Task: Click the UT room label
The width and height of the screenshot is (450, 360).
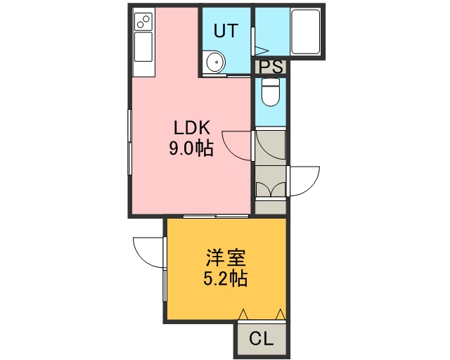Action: coord(226,30)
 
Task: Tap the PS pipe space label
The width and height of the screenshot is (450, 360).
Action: coord(271,67)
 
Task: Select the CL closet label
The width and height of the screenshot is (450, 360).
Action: coord(261,339)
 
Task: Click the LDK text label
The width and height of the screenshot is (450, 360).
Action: coord(192,128)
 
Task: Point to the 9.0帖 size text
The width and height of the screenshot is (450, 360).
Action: coord(191,148)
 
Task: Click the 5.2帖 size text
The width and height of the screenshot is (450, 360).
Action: coord(226,278)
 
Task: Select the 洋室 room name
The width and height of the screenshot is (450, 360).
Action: coord(226,258)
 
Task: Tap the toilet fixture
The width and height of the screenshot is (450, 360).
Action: coord(270,92)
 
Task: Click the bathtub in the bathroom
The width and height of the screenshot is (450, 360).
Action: coord(305,32)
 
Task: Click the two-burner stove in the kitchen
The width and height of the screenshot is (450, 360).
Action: coord(143,22)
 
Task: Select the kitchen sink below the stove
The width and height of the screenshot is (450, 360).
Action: coord(143,46)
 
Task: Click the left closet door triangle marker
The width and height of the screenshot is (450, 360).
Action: coord(243,314)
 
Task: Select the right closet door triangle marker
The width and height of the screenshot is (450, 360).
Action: coord(280,314)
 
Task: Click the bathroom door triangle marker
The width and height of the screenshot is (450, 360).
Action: coord(262,51)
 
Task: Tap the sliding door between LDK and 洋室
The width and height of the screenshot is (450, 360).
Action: coord(216,216)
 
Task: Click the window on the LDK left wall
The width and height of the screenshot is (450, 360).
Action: coord(129,142)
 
